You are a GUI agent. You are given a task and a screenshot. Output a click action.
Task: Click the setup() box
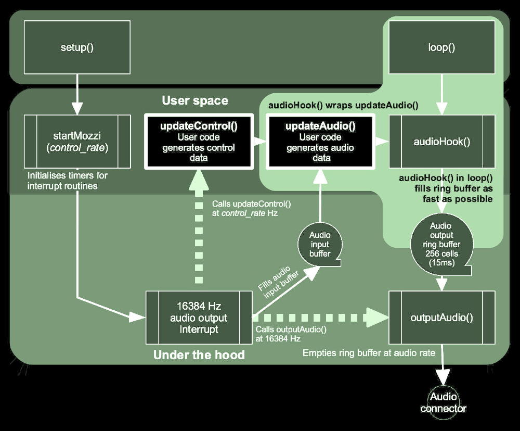click(x=77, y=47)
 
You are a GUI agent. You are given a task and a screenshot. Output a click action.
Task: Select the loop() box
click(x=441, y=47)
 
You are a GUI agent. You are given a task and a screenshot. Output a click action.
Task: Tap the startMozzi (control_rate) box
click(x=77, y=141)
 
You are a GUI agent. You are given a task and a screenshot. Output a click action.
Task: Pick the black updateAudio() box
click(x=321, y=142)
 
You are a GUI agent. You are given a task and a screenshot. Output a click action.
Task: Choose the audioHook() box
click(x=441, y=141)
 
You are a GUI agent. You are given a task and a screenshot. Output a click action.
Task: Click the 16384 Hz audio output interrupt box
click(x=199, y=317)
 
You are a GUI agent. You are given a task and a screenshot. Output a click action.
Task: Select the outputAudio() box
click(x=441, y=317)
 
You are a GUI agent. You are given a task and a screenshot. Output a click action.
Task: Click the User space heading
click(x=195, y=100)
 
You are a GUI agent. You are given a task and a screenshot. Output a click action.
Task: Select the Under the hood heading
click(x=199, y=356)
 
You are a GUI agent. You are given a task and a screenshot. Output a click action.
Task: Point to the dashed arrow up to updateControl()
click(x=199, y=229)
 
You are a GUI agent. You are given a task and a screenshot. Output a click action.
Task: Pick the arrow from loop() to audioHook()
click(x=441, y=94)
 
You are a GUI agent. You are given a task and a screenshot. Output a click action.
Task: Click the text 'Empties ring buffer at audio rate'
click(x=369, y=353)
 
